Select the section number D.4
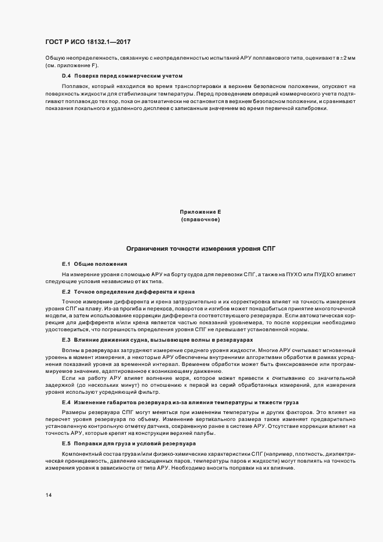tap(66, 76)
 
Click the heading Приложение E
tap(200, 213)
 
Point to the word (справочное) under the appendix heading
tap(200, 220)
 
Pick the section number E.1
tap(66, 263)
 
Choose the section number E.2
tap(66, 292)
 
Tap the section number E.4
tap(66, 401)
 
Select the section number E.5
tap(66, 443)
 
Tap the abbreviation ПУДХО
tap(324, 273)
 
